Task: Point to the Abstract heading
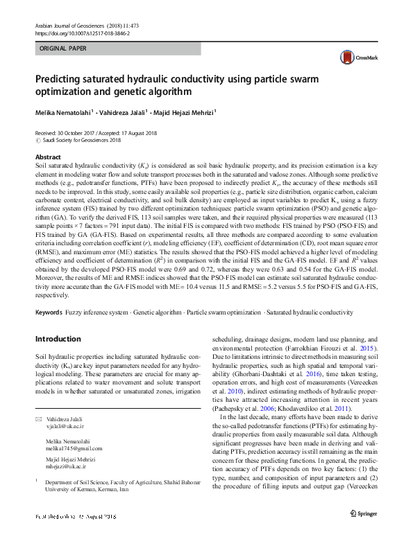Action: [x=47, y=157]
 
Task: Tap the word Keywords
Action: [x=48, y=313]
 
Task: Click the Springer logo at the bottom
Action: [x=364, y=532]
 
